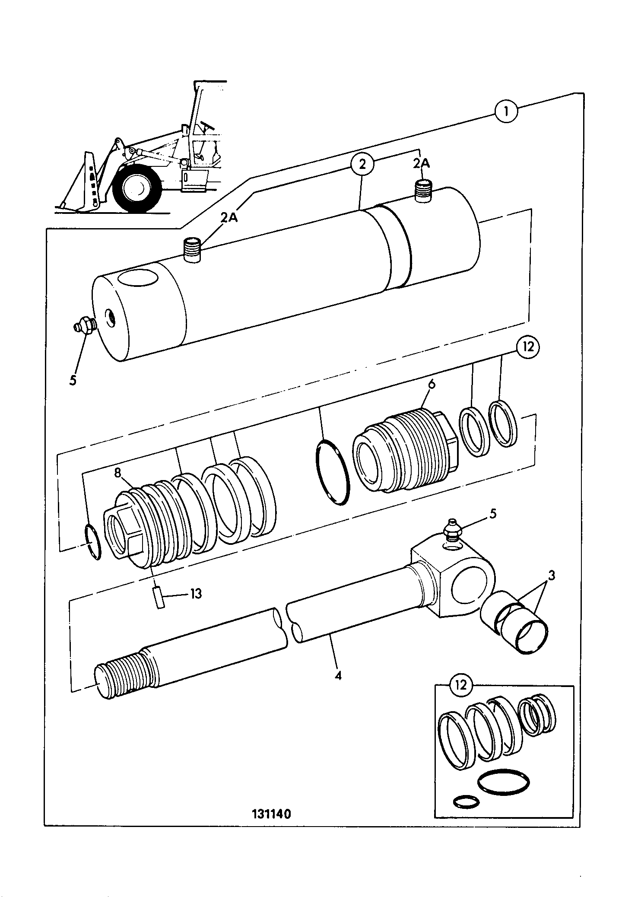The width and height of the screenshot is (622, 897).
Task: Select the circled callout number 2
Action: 362,164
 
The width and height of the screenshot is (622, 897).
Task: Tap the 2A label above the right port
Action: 421,163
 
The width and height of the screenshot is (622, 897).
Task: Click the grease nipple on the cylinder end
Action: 83,324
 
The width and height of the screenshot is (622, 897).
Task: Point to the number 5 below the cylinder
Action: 73,380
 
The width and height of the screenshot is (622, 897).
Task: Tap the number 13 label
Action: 196,594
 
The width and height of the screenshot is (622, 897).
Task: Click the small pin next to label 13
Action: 159,598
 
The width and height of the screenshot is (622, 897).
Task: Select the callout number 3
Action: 552,576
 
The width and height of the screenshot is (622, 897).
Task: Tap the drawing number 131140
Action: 272,814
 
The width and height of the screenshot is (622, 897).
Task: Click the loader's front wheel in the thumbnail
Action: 136,187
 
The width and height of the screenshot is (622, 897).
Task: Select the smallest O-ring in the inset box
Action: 466,802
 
